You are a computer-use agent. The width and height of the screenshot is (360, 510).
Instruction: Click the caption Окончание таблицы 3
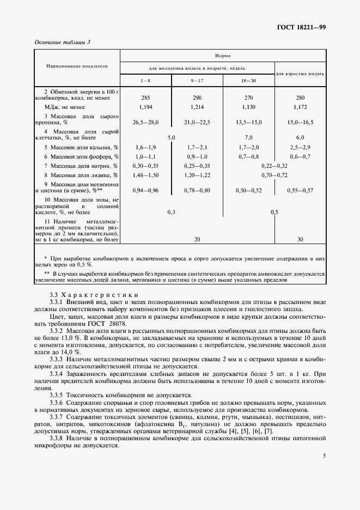[x=62, y=42]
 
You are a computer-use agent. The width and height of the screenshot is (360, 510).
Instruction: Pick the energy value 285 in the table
[x=145, y=98]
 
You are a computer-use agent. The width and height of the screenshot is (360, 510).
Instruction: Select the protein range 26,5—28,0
[x=145, y=123]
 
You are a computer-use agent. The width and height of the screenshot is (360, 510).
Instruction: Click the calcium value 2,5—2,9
[x=301, y=148]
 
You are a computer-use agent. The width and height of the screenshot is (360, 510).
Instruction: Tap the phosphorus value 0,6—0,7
[x=301, y=156]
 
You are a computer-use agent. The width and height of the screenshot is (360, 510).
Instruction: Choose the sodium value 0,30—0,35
[x=145, y=166]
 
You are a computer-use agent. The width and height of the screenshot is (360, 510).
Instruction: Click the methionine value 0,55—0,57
[x=301, y=190]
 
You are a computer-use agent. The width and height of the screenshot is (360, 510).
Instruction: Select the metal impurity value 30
[x=301, y=239]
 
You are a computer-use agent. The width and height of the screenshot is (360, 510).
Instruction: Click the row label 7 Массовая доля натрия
[x=77, y=166]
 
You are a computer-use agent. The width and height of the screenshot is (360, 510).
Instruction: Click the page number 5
[x=324, y=456]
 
